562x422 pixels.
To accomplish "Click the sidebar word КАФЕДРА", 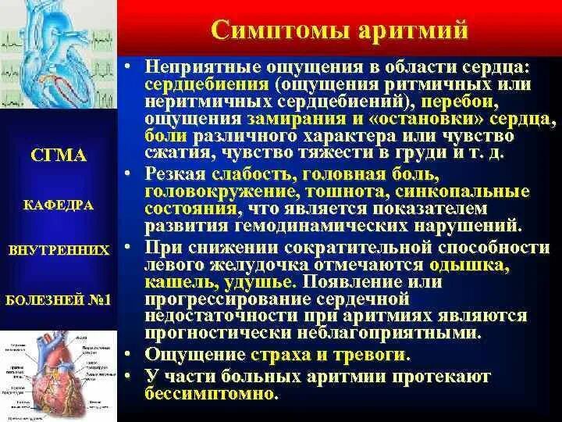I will point(59,205).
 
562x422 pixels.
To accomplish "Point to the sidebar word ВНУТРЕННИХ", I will point(59,251).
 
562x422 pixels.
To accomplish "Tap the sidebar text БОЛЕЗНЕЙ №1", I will point(59,299).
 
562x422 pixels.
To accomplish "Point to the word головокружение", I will point(222,191).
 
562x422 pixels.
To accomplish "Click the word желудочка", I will point(281,263).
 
